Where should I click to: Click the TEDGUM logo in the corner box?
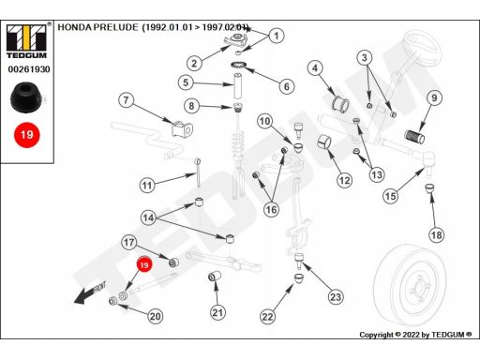(26, 41)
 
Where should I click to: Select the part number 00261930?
(29, 69)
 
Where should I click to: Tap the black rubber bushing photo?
(26, 97)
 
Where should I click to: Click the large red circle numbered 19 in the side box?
(27, 135)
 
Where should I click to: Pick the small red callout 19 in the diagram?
(143, 265)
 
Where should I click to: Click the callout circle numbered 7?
(126, 100)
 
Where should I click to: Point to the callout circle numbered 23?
(336, 296)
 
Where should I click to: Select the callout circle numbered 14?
(148, 217)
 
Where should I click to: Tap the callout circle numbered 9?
(434, 97)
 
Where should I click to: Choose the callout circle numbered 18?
(437, 234)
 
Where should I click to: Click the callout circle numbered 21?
(217, 312)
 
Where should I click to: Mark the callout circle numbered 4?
(315, 68)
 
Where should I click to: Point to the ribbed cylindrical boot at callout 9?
(414, 136)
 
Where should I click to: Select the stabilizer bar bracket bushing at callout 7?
(182, 129)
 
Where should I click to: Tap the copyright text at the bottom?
(415, 335)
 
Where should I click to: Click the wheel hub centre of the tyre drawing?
(419, 288)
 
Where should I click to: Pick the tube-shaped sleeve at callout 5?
(238, 86)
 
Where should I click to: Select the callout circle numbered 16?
(271, 209)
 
